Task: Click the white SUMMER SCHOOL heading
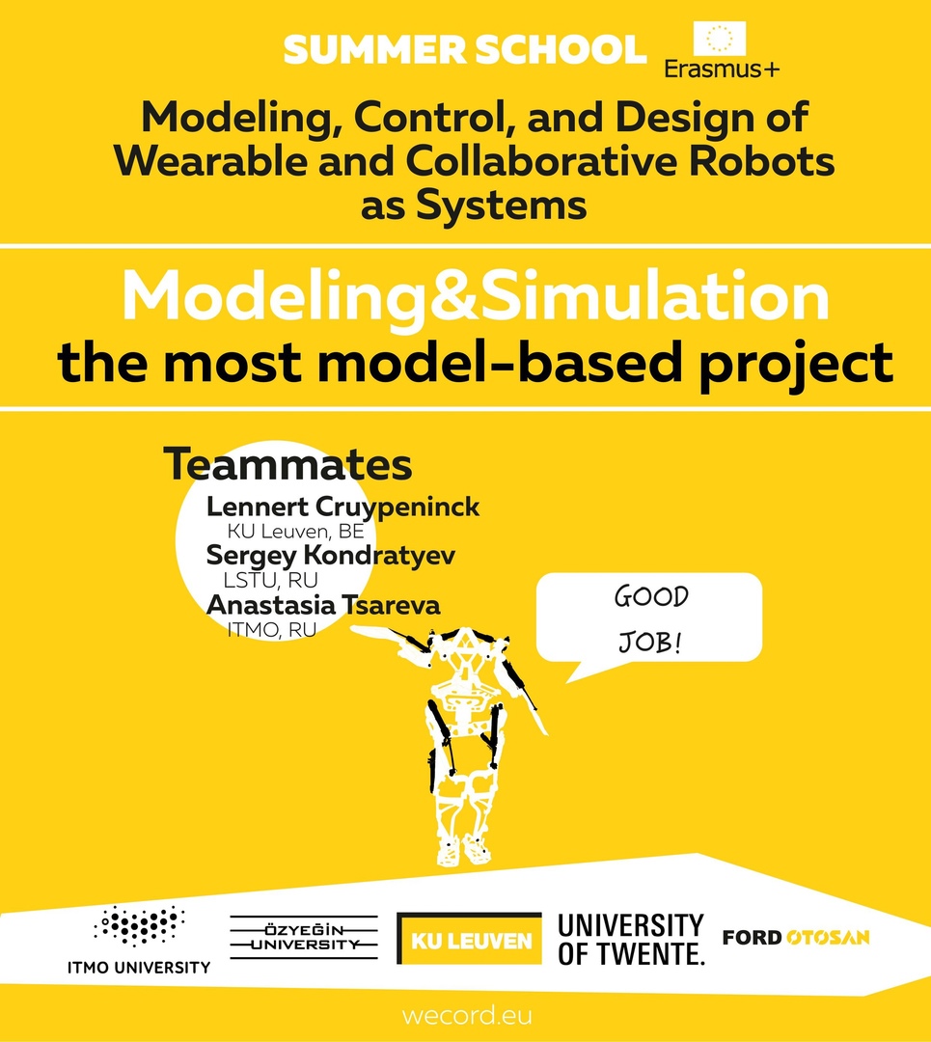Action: [465, 50]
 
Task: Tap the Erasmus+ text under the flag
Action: [723, 69]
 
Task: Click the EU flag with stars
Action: [719, 39]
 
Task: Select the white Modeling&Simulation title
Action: [476, 296]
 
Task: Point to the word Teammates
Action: [288, 464]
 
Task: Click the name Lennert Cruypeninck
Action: [342, 507]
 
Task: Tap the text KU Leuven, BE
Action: [296, 531]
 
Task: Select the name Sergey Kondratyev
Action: [331, 556]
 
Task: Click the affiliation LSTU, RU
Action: [270, 580]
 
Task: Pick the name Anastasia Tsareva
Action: [323, 605]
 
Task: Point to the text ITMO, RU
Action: [272, 629]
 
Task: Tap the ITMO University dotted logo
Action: [139, 940]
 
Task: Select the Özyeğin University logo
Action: [304, 937]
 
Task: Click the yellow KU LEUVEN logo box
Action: [469, 939]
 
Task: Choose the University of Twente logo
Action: [631, 939]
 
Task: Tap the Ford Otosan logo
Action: [796, 938]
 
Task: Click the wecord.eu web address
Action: [467, 1016]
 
